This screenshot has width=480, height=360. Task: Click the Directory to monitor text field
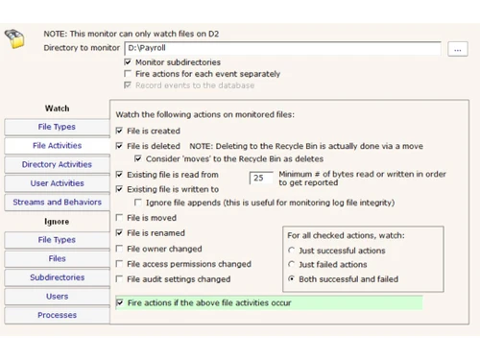coord(282,47)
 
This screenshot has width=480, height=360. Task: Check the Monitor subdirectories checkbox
coord(128,62)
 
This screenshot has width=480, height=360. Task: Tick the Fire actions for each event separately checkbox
coord(128,74)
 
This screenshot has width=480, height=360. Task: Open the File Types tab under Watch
coord(57,127)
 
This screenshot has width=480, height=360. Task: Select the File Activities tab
coord(57,146)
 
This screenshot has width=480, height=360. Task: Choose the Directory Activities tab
coord(57,164)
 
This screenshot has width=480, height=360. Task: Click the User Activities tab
coord(57,183)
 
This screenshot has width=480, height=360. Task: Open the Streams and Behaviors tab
coord(57,203)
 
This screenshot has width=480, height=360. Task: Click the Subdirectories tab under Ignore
coord(57,277)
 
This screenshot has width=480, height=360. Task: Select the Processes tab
coord(57,315)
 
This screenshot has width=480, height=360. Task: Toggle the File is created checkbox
coord(119,131)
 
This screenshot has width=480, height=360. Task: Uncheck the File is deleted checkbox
coord(119,146)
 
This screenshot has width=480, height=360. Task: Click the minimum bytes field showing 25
coord(261,178)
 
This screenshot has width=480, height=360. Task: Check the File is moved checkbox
coord(119,218)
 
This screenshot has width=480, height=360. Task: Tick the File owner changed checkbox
coord(119,249)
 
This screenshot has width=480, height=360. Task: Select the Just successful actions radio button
coord(291,251)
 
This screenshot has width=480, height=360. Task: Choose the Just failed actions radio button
coord(291,265)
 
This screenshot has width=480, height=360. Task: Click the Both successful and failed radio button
coord(291,279)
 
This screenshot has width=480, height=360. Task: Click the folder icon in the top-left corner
coord(15,38)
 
